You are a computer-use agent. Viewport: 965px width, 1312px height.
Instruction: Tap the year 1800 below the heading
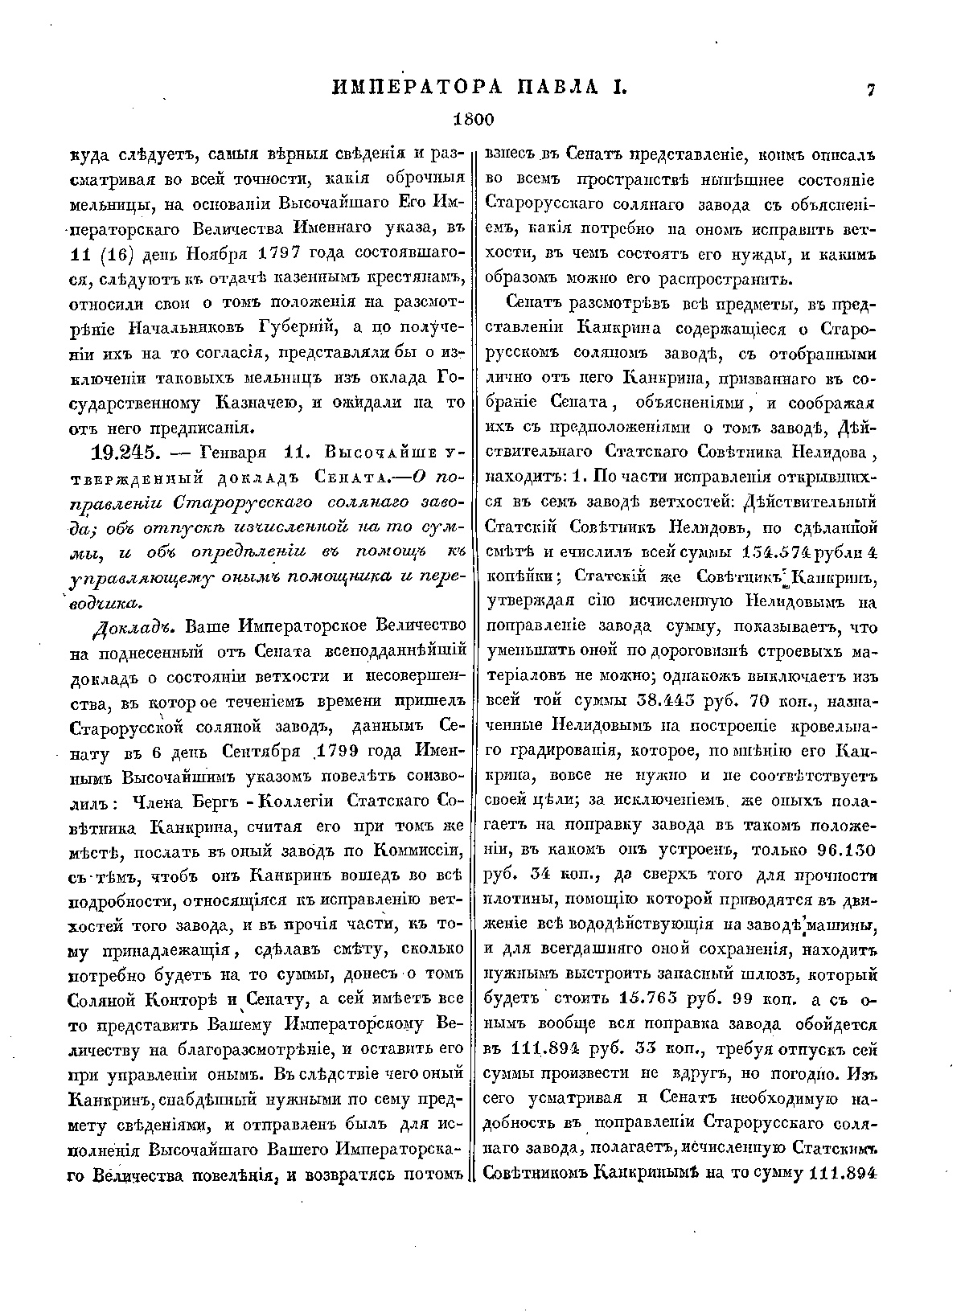point(472,120)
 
